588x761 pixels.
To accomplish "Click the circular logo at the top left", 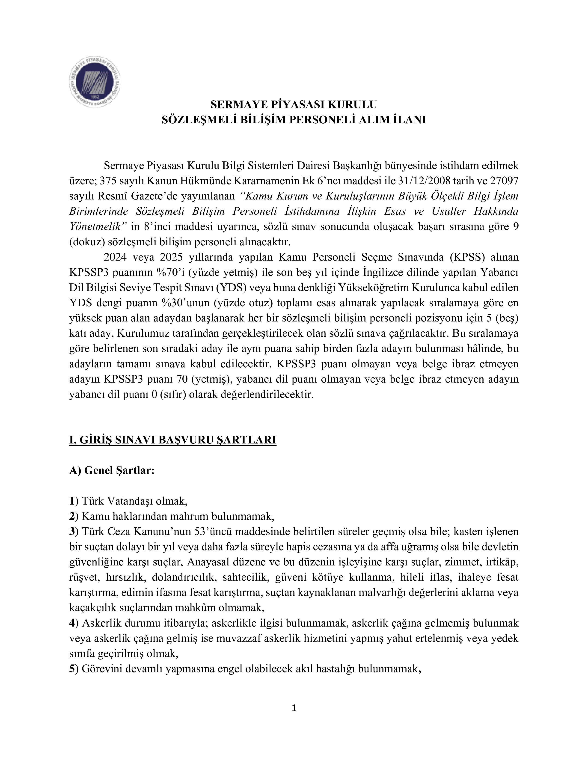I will click(x=95, y=82).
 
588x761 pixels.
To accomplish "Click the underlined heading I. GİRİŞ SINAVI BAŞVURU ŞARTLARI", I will click(x=172, y=440).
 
